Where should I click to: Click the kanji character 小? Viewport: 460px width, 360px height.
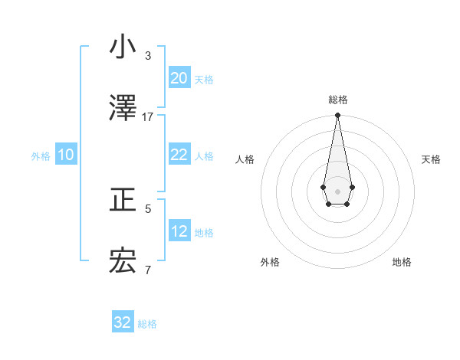point(123,47)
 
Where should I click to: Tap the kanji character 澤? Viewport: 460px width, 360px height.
point(123,109)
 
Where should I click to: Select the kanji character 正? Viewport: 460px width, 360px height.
point(123,201)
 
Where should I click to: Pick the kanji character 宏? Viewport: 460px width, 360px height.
point(123,262)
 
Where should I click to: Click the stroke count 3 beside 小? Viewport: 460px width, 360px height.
point(148,56)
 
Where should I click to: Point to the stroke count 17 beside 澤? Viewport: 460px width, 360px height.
point(148,117)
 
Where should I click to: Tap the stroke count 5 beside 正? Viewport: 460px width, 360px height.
point(148,208)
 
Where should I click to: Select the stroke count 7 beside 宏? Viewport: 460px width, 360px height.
point(148,270)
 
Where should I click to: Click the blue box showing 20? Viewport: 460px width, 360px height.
point(179,78)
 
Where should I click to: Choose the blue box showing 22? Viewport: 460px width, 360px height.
point(179,155)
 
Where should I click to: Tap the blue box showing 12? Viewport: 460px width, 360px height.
point(179,231)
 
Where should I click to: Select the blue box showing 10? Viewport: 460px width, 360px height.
point(65,155)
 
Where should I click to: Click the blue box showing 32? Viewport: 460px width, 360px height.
point(123,322)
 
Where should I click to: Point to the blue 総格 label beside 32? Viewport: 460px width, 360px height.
point(147,324)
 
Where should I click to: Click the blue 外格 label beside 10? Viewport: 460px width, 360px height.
point(41,156)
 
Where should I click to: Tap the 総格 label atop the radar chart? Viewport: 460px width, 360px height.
point(337,100)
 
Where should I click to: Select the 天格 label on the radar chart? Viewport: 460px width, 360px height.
point(432,159)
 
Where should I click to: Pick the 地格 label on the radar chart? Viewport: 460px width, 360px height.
point(402,263)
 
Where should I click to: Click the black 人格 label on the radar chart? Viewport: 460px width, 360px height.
point(245,159)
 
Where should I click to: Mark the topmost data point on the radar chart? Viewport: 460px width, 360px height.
point(337,116)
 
